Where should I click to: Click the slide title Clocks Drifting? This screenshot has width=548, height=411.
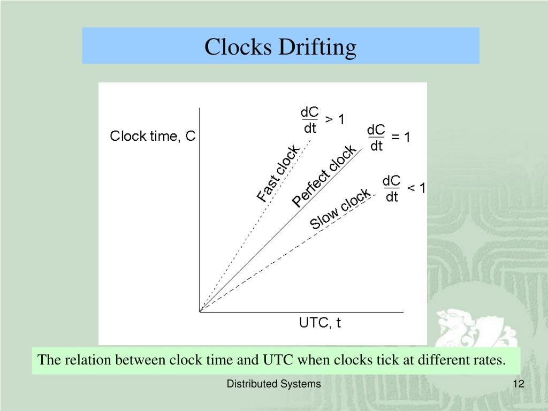[x=280, y=47]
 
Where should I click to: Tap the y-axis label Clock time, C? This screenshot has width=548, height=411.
[x=153, y=136]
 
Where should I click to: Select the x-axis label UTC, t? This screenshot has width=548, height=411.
[x=319, y=323]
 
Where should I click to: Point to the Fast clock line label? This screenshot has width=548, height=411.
[x=278, y=173]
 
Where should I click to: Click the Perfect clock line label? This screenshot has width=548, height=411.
[x=323, y=176]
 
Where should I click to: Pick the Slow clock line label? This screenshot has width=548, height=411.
[x=340, y=209]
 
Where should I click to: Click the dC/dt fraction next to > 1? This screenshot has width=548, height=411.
[x=310, y=120]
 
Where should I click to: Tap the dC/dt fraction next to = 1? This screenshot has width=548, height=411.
[x=376, y=138]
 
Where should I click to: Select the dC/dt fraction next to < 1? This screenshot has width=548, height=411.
[x=392, y=189]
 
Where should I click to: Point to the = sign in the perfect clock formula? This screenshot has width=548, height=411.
[x=395, y=138]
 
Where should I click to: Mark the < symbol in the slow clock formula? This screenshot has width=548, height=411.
[x=412, y=188]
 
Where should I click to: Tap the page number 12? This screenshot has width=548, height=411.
[x=517, y=384]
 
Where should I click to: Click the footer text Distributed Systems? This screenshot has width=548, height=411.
[x=273, y=384]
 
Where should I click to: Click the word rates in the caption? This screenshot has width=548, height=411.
[x=489, y=360]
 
